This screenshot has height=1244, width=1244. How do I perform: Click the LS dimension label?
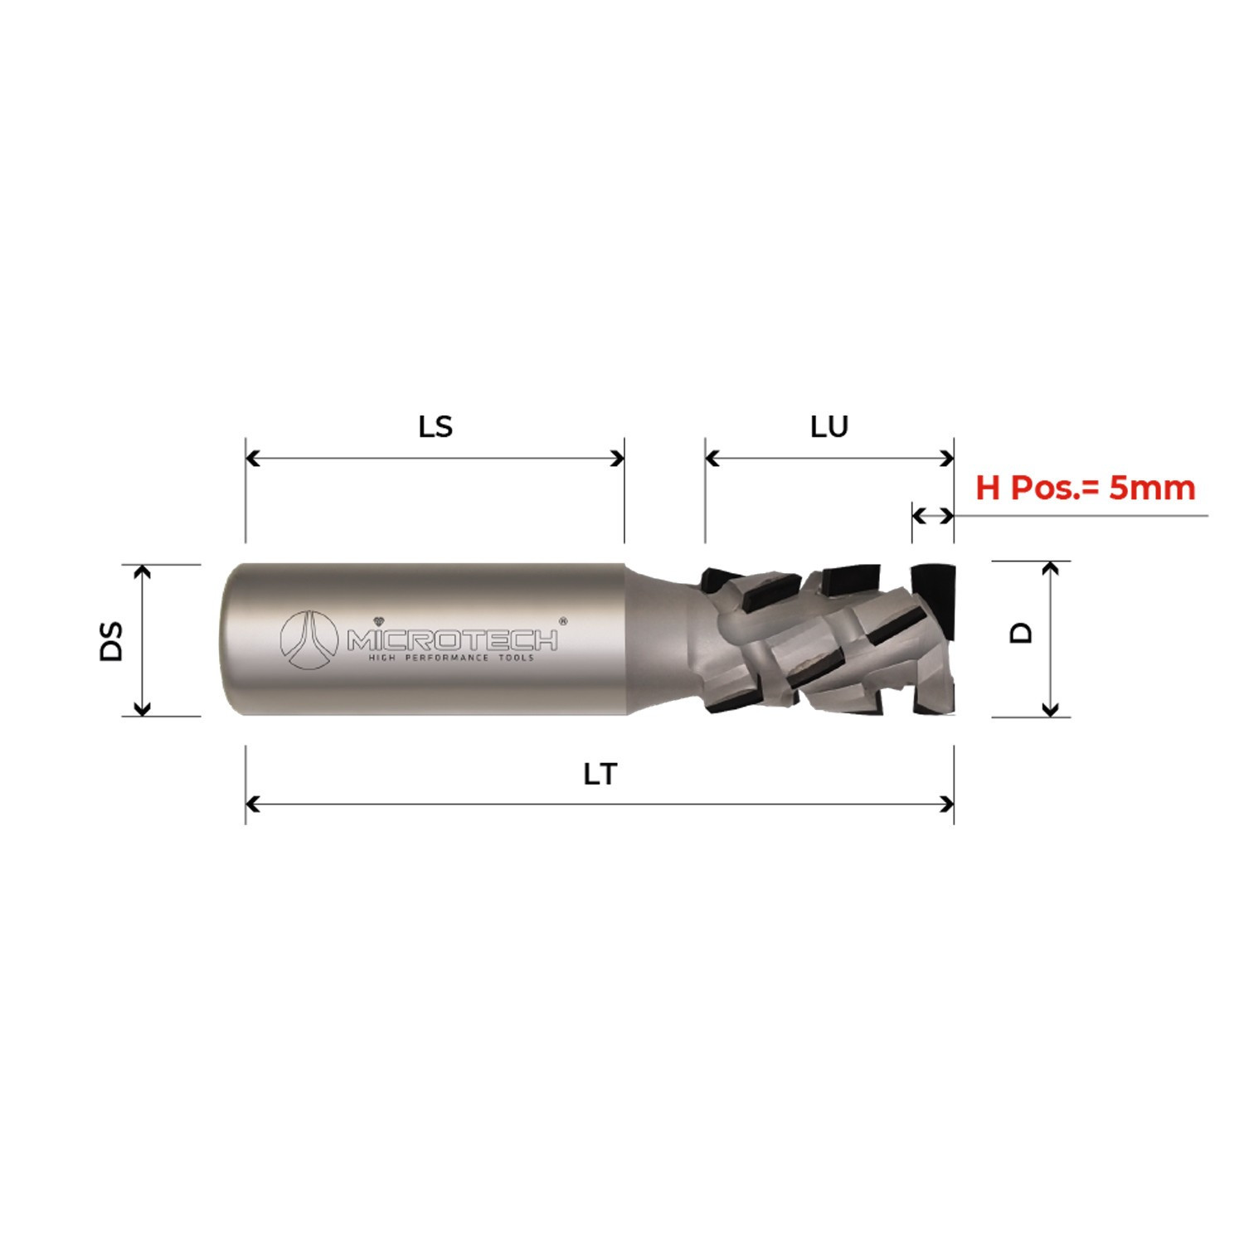(435, 426)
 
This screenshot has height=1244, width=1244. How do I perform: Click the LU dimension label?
(829, 426)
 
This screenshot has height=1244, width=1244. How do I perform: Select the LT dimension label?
(600, 774)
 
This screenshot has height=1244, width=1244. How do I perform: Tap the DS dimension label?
(111, 640)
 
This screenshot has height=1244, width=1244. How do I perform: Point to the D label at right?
(1022, 633)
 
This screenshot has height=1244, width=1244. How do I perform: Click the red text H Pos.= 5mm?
(1085, 488)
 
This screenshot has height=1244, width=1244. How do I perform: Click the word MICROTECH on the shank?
(452, 639)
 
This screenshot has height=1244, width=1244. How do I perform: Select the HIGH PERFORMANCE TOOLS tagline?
(451, 658)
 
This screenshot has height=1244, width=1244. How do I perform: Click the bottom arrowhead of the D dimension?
(1050, 710)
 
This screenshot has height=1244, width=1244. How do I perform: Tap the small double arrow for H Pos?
(932, 515)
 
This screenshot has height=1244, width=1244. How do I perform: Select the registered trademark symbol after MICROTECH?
(563, 620)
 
